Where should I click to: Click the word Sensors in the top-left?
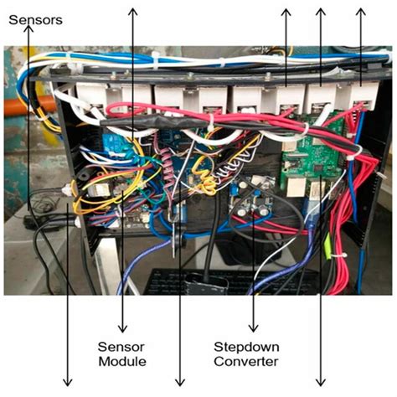pos(35,19)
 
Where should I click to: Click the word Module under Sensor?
pos(122,362)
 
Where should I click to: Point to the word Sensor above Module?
pos(123,347)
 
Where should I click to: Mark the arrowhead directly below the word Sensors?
pos(30,30)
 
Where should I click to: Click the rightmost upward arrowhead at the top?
pos(361,12)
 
